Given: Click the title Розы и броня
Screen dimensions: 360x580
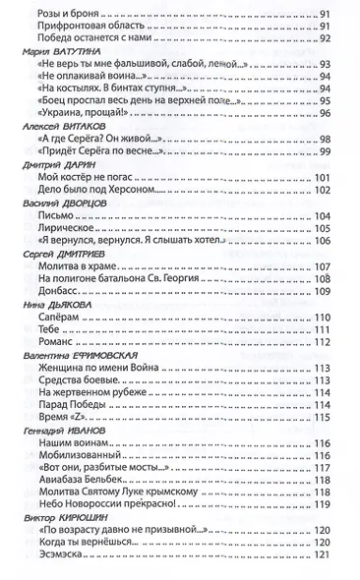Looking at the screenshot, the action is pyautogui.click(x=63, y=11).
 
